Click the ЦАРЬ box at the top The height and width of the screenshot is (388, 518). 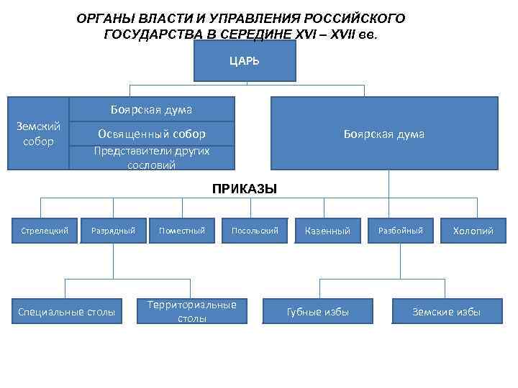[245, 61]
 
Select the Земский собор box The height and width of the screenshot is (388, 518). [38, 134]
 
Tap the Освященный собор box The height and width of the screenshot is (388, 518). [152, 134]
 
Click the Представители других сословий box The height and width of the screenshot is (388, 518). [152, 158]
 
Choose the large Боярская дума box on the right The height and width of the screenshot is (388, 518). [383, 134]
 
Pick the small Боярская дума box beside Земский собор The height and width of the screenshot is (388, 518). [152, 110]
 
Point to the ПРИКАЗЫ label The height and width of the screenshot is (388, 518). [245, 189]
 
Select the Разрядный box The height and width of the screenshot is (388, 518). [113, 231]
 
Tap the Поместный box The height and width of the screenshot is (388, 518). [182, 231]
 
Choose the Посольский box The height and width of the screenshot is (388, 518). [255, 231]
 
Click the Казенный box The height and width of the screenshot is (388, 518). [327, 231]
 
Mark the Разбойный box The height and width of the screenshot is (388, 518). [401, 231]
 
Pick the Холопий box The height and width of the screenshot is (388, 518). [473, 231]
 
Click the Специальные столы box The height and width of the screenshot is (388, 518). [66, 312]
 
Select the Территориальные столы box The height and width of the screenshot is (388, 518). [191, 311]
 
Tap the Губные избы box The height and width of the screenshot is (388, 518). [317, 312]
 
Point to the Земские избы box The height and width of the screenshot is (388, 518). [446, 312]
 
